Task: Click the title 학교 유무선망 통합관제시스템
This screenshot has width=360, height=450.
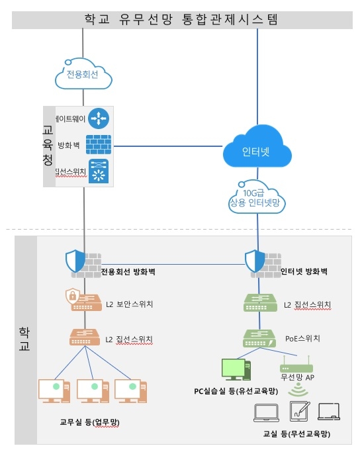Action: (180, 19)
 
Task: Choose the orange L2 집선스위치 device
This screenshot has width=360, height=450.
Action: (83, 337)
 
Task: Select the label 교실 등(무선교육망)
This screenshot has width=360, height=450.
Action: (296, 434)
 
